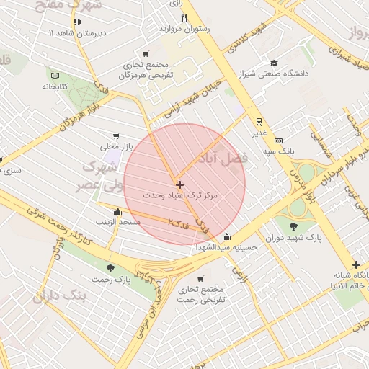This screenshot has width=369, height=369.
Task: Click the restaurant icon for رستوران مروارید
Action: (x=184, y=17)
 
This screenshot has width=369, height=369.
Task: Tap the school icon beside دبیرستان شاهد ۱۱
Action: (x=77, y=22)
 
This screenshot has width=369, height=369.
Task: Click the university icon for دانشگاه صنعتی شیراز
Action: (x=273, y=63)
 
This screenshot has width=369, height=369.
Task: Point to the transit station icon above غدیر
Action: (x=258, y=121)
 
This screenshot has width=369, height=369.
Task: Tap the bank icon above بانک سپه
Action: (x=278, y=141)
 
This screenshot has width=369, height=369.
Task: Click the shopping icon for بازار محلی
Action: (x=115, y=135)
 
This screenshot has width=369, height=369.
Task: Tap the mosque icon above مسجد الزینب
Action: (x=117, y=211)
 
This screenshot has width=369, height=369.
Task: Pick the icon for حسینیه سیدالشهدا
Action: (x=228, y=237)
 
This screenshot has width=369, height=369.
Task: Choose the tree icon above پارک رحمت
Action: (x=110, y=268)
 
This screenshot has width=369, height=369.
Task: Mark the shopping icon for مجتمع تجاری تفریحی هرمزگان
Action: (x=147, y=54)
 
